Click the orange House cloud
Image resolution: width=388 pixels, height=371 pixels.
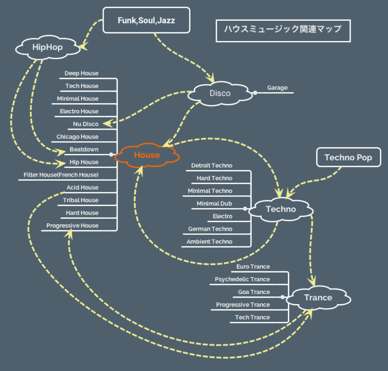147,155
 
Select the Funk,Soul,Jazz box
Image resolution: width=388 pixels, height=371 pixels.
147,20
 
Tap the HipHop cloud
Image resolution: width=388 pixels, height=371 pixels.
47,48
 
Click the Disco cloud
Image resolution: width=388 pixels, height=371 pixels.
220,94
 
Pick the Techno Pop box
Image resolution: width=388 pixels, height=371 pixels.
349,157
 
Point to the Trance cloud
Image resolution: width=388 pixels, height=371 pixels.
318,298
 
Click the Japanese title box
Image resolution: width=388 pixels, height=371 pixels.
283,31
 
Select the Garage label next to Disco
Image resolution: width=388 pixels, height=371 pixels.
277,88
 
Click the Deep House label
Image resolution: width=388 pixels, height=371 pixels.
81,73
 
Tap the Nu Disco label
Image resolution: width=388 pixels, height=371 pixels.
85,124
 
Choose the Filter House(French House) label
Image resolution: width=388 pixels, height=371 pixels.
61,175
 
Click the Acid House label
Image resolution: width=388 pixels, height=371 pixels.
82,187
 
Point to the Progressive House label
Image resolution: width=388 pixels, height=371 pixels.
72,226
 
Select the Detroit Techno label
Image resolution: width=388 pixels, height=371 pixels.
212,166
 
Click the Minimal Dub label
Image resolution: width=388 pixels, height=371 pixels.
214,203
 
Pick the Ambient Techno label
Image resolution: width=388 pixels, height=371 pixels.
209,241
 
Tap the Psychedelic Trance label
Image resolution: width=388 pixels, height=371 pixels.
243,279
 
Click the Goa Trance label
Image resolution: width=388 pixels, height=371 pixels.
254,292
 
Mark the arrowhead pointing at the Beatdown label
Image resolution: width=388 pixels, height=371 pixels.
61,152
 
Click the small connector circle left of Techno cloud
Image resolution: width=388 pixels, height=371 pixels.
245,209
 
